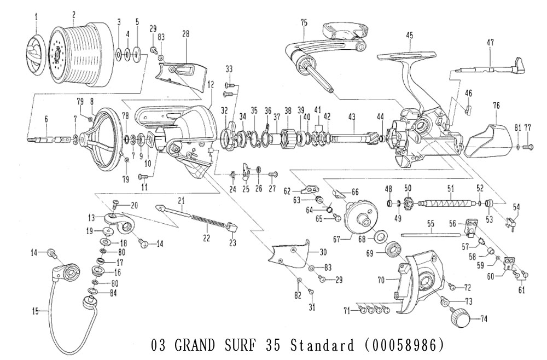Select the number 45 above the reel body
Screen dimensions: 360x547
tap(409, 35)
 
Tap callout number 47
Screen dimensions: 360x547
tap(490, 42)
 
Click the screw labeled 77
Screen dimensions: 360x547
tap(528, 147)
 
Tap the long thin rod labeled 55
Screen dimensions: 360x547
tap(430, 236)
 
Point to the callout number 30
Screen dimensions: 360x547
tap(323, 252)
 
